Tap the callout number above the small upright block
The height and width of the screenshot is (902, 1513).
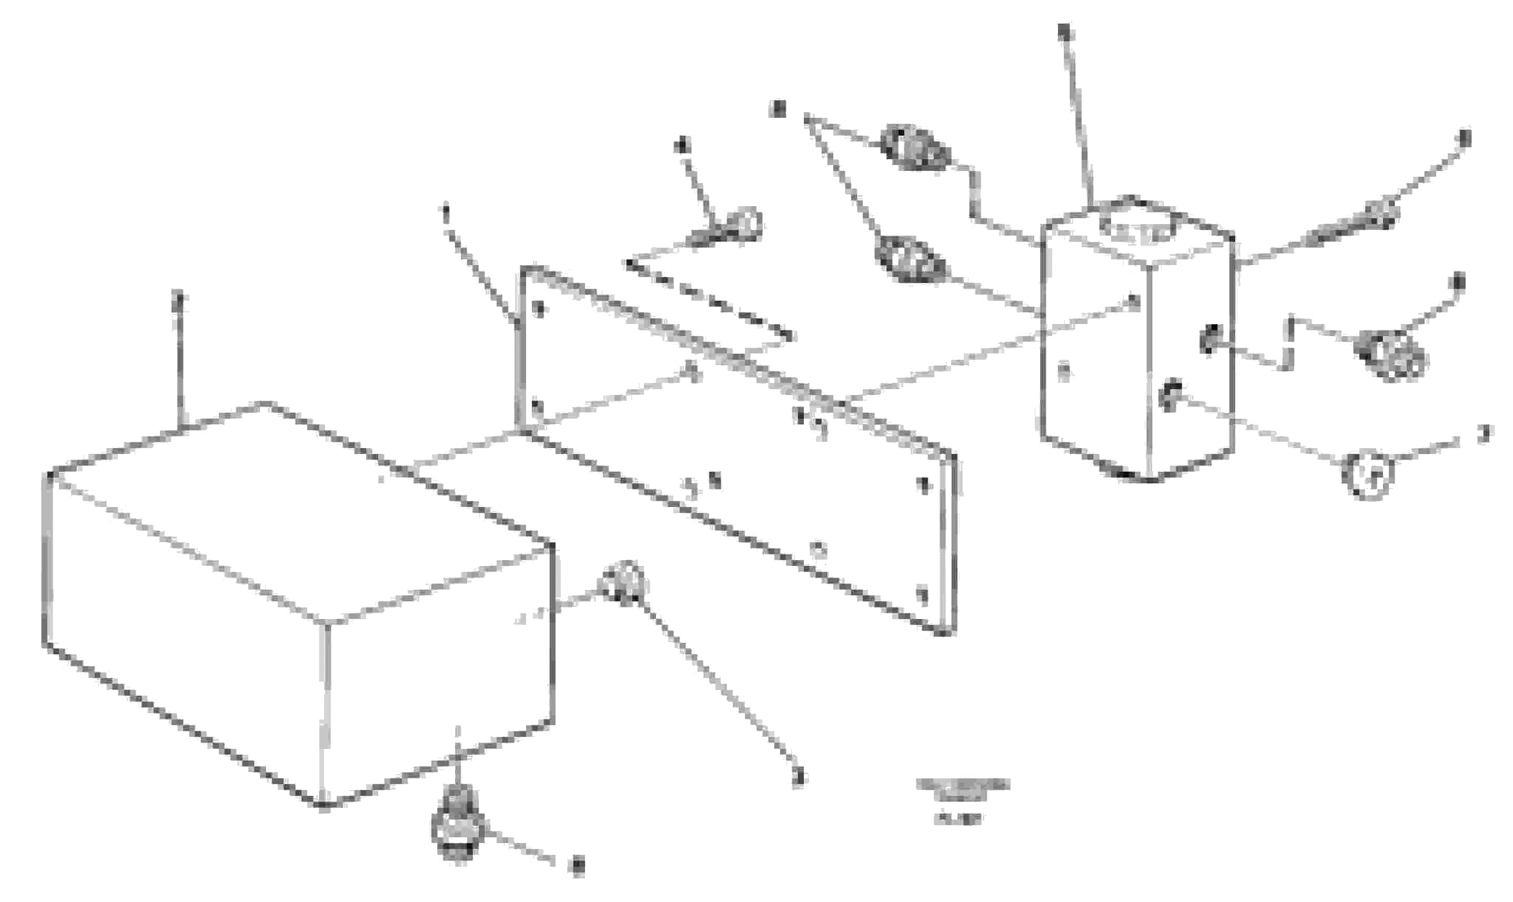tap(1063, 32)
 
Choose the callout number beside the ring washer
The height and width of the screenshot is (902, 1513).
tap(1484, 433)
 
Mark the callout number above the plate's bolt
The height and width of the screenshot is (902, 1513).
tap(682, 147)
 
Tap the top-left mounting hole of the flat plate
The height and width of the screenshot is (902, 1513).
tap(537, 309)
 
